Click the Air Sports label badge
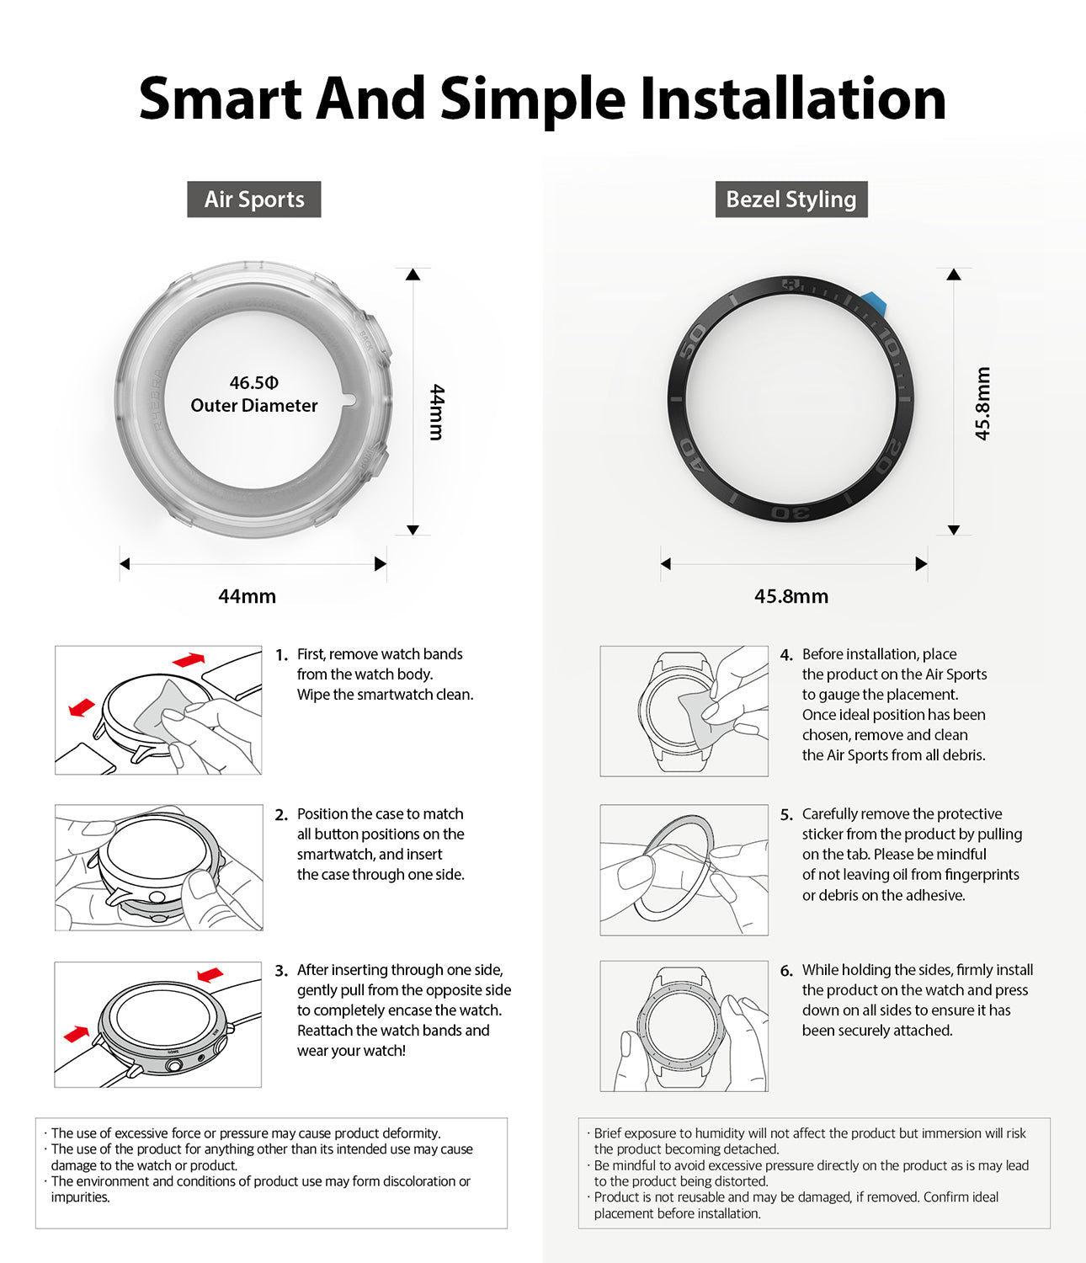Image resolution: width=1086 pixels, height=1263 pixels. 253,200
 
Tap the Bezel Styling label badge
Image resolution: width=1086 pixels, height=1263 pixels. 791,200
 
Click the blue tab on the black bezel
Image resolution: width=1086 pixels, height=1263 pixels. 872,303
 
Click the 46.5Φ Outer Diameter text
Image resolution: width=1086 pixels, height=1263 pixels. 253,394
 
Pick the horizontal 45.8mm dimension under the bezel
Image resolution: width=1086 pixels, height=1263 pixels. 791,596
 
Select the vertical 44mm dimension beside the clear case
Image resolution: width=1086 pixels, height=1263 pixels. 436,412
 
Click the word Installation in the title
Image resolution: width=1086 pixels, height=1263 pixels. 792,99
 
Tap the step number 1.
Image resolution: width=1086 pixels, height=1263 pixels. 281,655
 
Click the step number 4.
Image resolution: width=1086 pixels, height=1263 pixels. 786,655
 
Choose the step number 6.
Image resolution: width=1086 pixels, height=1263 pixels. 786,971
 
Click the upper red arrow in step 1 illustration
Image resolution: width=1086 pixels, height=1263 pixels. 189,659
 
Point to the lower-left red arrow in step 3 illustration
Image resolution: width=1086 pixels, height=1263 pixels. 76,1033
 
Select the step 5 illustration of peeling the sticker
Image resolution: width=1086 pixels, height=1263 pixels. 684,870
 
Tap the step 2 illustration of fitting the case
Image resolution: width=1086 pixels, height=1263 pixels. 158,867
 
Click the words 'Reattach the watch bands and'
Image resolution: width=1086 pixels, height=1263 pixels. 392,1031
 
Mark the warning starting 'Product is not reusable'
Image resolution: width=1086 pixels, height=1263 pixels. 796,1205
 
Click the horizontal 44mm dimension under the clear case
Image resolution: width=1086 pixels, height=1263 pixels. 247,596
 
